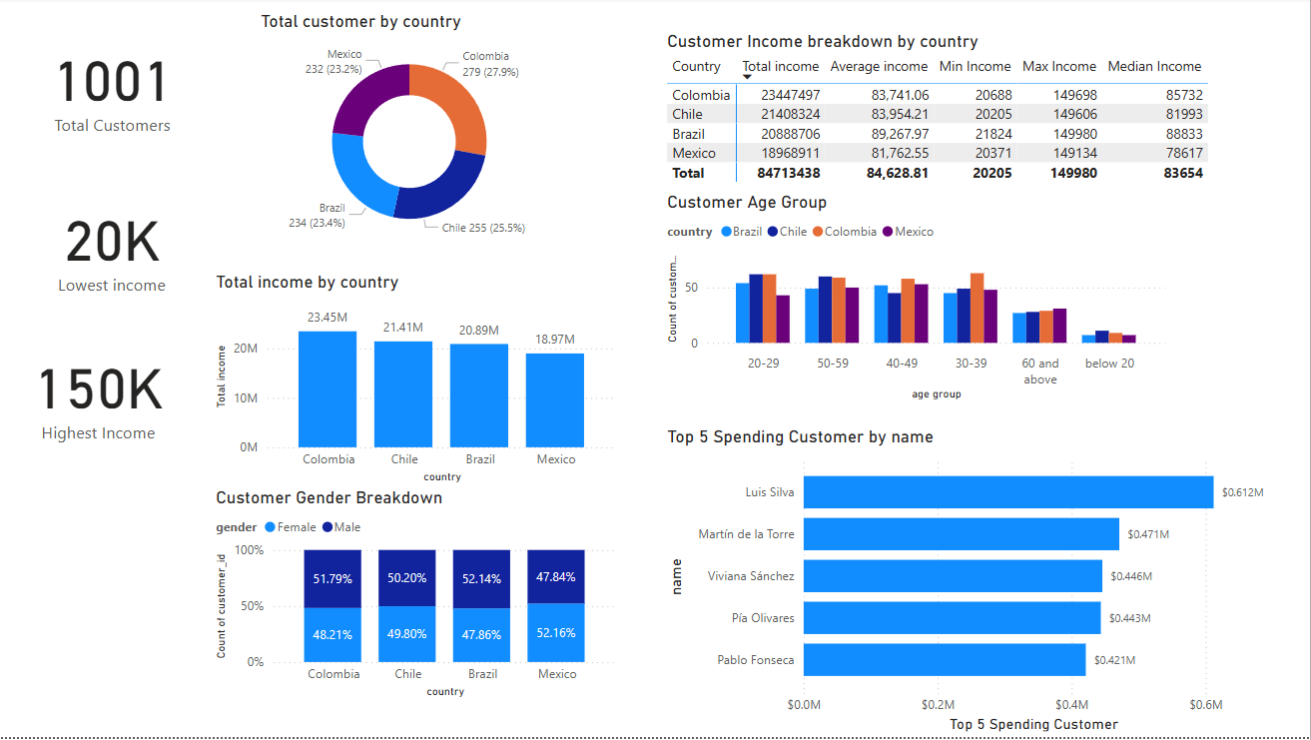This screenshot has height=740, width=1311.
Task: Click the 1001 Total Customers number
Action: (x=112, y=82)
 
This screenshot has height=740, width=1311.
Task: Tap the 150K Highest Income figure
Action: (x=100, y=390)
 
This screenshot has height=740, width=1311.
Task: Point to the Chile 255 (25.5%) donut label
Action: (x=483, y=228)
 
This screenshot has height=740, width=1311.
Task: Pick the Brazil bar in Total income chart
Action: (x=479, y=394)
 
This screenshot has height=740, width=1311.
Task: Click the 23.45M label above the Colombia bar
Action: (x=328, y=318)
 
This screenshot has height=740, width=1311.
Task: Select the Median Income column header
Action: (x=1154, y=67)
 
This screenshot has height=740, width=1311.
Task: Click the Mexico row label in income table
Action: (x=694, y=154)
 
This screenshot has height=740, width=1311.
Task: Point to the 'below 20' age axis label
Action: (x=1109, y=364)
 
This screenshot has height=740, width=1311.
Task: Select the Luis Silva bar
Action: (x=1007, y=492)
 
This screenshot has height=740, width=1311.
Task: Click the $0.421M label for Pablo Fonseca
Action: (x=1114, y=660)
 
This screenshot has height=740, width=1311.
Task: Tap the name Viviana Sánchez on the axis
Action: (x=751, y=576)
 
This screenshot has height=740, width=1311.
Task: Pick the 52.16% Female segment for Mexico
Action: (x=556, y=632)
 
